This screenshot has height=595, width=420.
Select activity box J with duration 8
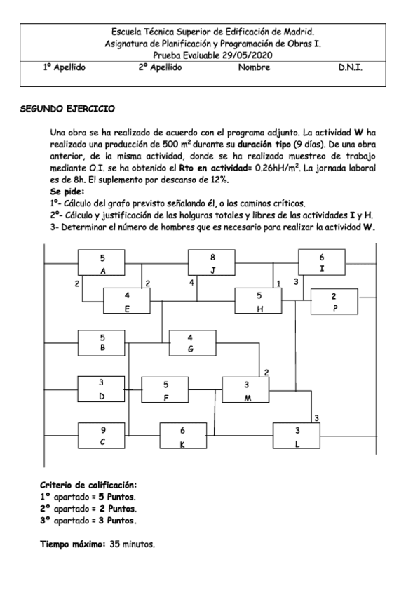pos(212,263)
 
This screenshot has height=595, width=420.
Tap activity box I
pos(322,263)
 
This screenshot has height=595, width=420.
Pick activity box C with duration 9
pos(103,436)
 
